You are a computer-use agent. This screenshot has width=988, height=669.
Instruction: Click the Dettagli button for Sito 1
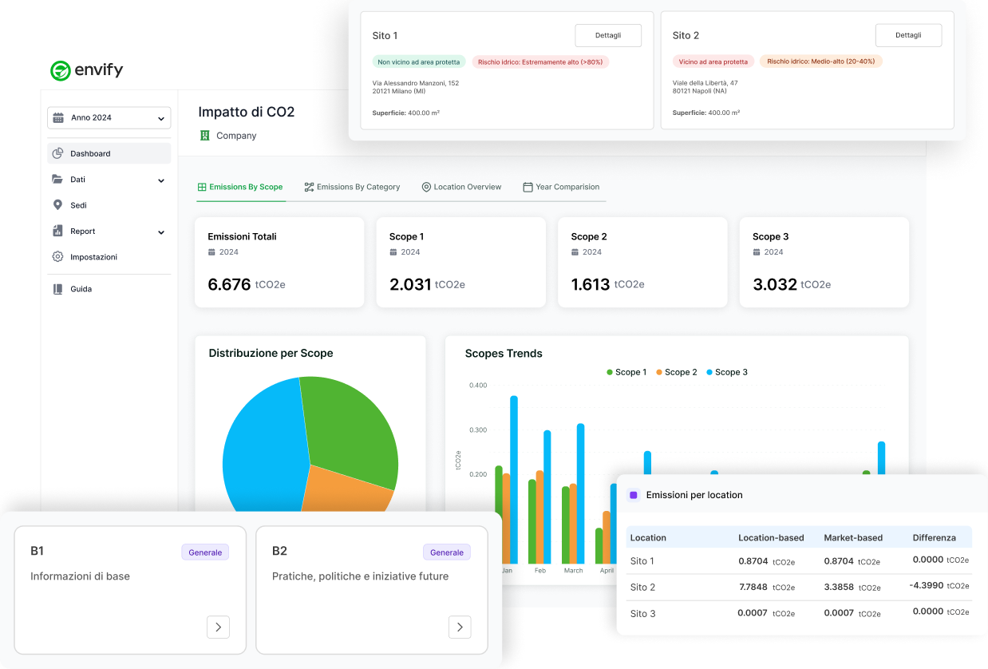[608, 35]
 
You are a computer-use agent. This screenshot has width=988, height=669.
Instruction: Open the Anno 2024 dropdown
[109, 117]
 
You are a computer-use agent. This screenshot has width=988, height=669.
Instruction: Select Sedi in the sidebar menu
[78, 205]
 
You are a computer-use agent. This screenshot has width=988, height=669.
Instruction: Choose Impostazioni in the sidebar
[93, 257]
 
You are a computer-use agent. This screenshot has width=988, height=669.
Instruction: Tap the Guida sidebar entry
[81, 289]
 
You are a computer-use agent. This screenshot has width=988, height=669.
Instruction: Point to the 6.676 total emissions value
[229, 284]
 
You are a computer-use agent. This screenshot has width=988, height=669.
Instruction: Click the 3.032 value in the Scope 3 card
[774, 284]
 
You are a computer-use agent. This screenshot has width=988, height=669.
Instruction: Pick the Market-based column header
[852, 537]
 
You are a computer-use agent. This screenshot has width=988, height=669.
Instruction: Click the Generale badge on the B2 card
[446, 552]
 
